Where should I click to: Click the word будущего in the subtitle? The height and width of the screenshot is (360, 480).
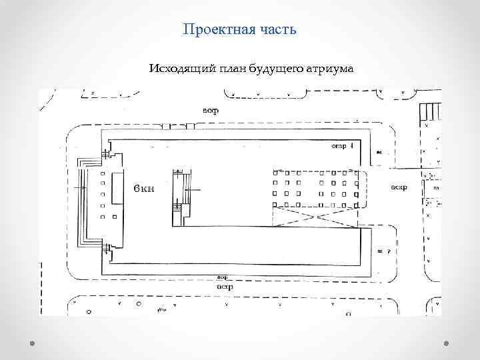pyautogui.click(x=273, y=69)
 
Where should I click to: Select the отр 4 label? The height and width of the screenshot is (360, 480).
pyautogui.click(x=341, y=146)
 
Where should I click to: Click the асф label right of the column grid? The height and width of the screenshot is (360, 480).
pyautogui.click(x=399, y=187)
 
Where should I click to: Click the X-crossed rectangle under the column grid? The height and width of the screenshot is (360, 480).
pyautogui.click(x=315, y=216)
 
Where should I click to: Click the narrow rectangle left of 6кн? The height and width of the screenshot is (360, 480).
pyautogui.click(x=117, y=189)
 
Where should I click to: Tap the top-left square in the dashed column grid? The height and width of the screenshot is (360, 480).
pyautogui.click(x=275, y=173)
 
